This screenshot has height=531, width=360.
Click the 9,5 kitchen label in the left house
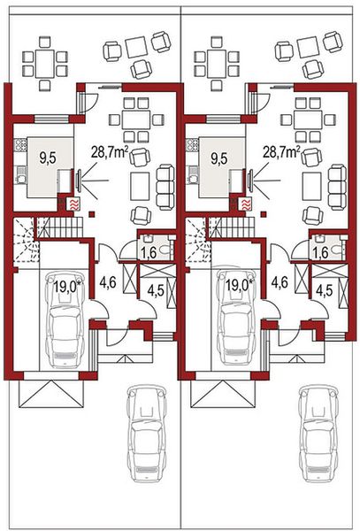pos(49,158)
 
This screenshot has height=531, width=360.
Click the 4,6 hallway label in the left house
pos(108,281)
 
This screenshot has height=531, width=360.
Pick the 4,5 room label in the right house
pos(326,289)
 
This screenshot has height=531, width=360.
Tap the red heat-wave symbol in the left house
pos(73,204)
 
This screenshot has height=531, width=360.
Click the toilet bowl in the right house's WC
pos(337,250)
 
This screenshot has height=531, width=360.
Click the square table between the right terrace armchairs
pos(308,48)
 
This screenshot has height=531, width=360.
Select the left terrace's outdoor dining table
pos(44,65)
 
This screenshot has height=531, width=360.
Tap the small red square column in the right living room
pos(264,213)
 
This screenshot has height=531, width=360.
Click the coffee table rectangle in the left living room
pos(140,186)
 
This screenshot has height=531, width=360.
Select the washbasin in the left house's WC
pos(147,239)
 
